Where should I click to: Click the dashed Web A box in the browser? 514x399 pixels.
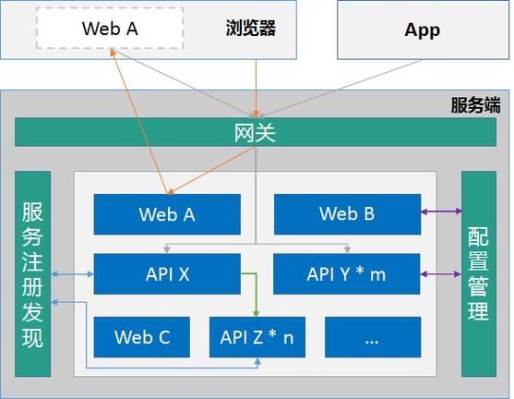click(x=109, y=29)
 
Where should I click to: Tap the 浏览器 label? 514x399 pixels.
click(x=251, y=29)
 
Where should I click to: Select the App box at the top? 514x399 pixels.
click(x=422, y=30)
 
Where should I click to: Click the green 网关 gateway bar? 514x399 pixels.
click(x=256, y=133)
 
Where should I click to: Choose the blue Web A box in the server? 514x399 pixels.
click(x=167, y=214)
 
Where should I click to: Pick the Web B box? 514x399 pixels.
click(x=347, y=214)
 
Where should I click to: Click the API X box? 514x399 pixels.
click(x=167, y=273)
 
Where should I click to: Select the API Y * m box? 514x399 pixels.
click(x=347, y=273)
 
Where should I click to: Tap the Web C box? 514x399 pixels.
click(x=142, y=336)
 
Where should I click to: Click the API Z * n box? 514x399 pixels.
click(x=257, y=336)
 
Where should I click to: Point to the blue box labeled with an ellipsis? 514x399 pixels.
click(x=372, y=336)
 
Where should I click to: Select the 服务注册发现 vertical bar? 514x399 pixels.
click(x=33, y=273)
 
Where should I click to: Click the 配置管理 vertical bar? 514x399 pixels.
click(x=478, y=273)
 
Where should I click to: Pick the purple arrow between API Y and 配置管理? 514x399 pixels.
click(x=441, y=273)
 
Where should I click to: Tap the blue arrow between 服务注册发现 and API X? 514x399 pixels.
click(x=73, y=273)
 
